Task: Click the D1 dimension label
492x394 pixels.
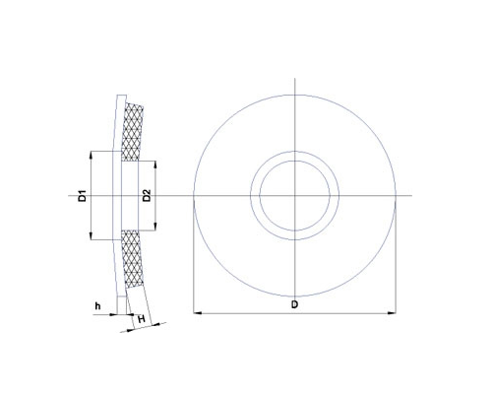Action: click(x=83, y=196)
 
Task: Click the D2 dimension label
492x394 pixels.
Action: click(x=147, y=196)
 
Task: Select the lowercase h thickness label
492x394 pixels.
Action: click(x=97, y=306)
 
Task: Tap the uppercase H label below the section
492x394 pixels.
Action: click(x=142, y=319)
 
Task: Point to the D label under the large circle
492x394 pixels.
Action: click(x=295, y=304)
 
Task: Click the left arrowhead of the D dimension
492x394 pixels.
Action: click(x=197, y=313)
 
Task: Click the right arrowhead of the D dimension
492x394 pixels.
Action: click(x=393, y=313)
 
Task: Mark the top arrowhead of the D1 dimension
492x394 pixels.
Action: click(x=91, y=155)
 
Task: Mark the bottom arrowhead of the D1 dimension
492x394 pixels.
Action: click(x=91, y=236)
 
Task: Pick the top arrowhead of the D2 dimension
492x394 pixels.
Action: click(x=155, y=164)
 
